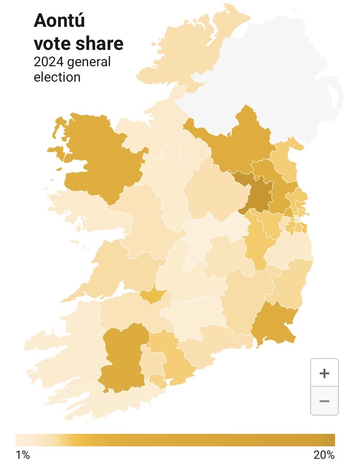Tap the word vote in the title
(x=51, y=44)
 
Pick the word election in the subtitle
(x=57, y=76)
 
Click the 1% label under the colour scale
(x=22, y=455)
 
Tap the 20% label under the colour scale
(x=324, y=455)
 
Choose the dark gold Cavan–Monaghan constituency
(x=240, y=144)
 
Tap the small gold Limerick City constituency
(x=153, y=296)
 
